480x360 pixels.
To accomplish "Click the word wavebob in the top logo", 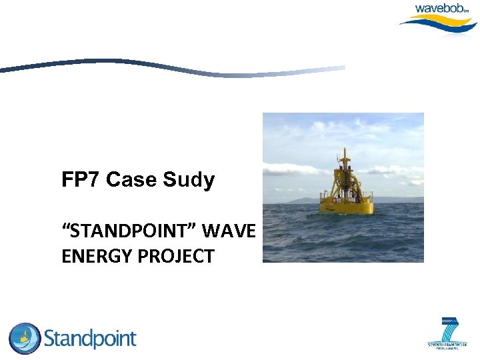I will [x=441, y=9].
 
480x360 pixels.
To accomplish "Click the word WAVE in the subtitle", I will [x=229, y=231].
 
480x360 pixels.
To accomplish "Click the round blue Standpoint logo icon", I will [x=24, y=339].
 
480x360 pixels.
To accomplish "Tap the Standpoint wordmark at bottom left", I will [x=90, y=339].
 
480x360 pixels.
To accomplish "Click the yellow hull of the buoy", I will [x=347, y=207].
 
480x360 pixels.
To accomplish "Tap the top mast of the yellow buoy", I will [x=343, y=157].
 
